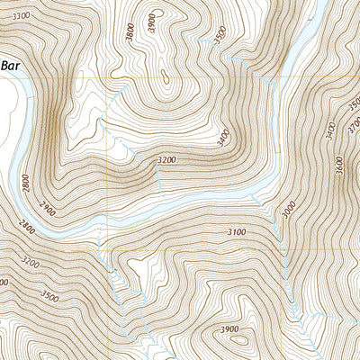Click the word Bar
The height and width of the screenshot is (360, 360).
(x=10, y=66)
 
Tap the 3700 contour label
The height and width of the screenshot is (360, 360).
(x=354, y=106)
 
